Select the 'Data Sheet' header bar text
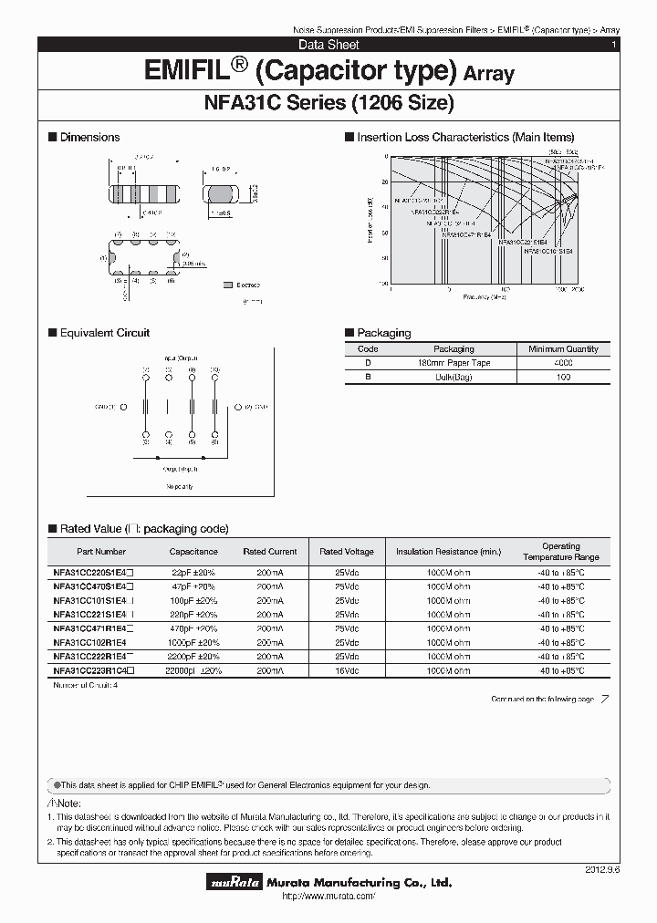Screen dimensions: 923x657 pos(328,45)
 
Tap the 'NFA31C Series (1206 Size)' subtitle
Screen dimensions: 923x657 pos(328,103)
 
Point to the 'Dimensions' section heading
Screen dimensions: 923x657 pos(89,138)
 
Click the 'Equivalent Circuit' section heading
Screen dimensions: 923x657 pos(104,333)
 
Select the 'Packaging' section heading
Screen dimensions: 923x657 pos(383,333)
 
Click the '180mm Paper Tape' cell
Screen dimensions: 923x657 pos(454,363)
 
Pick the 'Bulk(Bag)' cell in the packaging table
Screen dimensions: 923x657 pos(454,377)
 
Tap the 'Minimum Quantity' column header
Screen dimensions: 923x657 pos(564,348)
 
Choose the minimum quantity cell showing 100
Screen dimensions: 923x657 pos(564,377)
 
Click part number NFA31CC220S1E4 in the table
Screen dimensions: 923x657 pos(89,573)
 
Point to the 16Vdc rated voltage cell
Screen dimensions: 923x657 pos(346,670)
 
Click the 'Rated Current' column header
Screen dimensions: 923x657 pos(270,552)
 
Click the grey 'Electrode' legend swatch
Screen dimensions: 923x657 pos(227,285)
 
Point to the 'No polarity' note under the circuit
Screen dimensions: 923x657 pos(180,487)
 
